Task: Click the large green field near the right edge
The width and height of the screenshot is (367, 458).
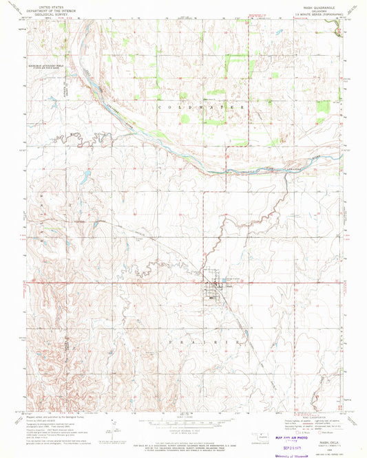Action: [322, 107]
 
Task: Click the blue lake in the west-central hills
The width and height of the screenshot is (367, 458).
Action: [83, 177]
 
